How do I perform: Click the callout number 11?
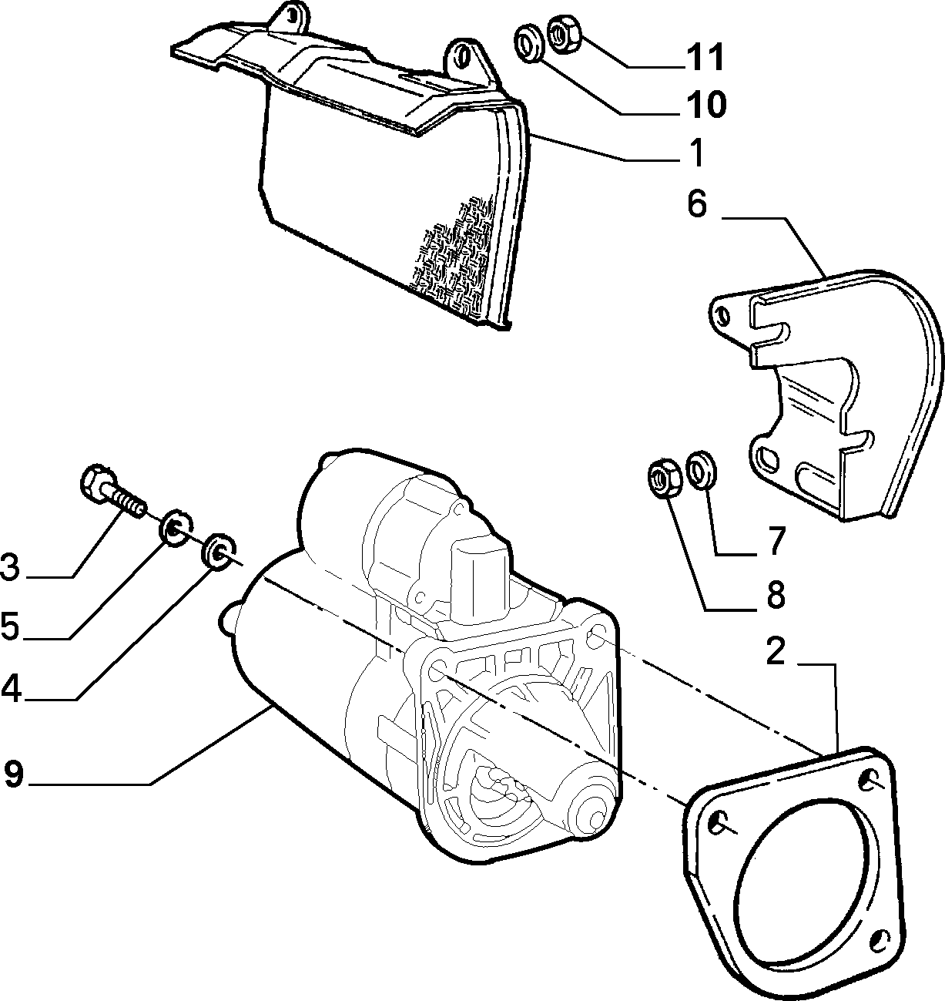click(704, 57)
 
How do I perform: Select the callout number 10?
click(705, 104)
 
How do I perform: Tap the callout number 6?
click(697, 203)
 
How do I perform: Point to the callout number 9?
click(14, 788)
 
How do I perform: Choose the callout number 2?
click(776, 650)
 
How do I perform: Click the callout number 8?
click(776, 595)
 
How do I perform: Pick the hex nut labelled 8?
click(663, 477)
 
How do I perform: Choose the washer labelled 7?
click(702, 470)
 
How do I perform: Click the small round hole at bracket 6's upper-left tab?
click(723, 315)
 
